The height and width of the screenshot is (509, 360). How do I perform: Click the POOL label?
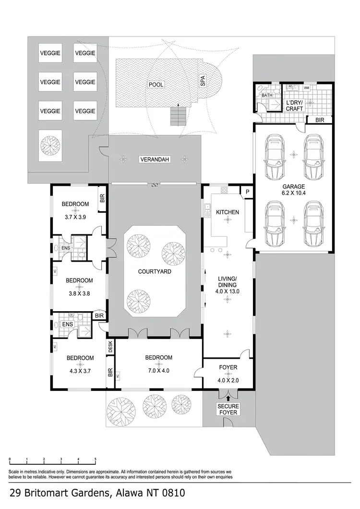click(156, 85)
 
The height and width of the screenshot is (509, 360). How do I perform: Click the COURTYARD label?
click(155, 271)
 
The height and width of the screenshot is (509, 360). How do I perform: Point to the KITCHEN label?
click(228, 212)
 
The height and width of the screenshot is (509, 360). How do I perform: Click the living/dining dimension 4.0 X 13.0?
click(228, 291)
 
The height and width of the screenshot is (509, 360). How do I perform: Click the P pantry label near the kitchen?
click(247, 191)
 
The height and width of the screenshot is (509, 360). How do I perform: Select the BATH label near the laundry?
click(267, 96)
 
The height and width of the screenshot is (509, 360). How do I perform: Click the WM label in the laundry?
click(306, 88)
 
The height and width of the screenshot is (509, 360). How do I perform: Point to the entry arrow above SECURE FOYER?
click(228, 398)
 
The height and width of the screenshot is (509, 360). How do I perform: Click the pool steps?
click(178, 115)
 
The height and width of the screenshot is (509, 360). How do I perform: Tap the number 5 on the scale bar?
click(95, 459)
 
